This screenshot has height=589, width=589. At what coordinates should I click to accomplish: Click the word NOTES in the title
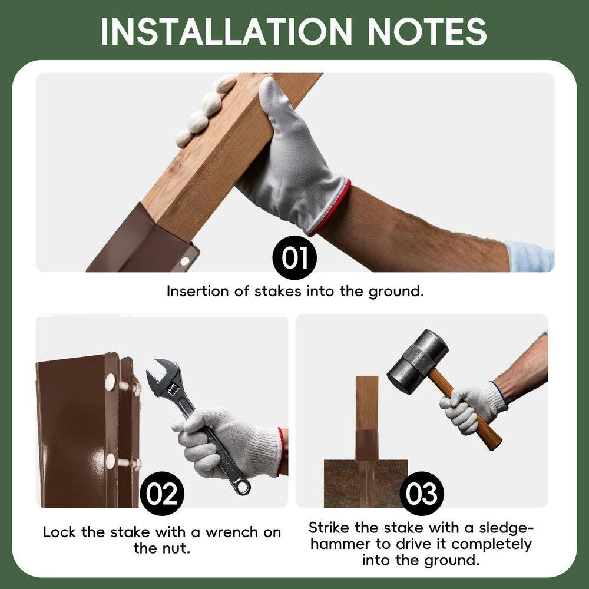coord(428,32)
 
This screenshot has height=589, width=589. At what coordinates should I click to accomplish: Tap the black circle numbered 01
coord(294,258)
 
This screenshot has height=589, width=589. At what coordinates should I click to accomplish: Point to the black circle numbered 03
coord(422,494)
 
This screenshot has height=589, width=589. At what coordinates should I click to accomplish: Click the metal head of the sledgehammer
coord(418,362)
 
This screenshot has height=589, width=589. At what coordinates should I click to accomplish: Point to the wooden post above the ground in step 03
coord(367,403)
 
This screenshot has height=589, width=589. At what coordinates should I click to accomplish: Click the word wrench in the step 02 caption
coord(231,532)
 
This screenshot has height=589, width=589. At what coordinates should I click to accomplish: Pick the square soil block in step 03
coord(366,484)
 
